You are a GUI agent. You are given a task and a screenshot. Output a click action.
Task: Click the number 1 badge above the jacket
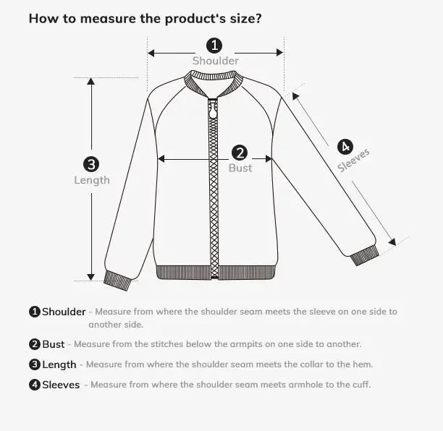pos(215,46)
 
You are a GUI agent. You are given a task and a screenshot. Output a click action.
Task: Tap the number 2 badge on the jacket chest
pos(240,153)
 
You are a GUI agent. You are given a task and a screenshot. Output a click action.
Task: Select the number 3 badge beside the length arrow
pos(92,164)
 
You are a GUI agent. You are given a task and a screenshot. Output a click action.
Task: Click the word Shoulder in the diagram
pos(215,61)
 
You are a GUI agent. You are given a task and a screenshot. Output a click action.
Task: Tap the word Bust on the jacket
pos(240,168)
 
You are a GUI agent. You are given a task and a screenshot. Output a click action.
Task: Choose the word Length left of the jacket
pos(92,180)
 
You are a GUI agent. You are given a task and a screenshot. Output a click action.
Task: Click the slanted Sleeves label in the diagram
pos(354,161)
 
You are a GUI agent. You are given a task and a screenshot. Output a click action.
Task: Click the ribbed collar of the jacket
pos(214,88)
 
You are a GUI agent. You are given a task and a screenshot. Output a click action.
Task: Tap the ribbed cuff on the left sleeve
pos(117,278)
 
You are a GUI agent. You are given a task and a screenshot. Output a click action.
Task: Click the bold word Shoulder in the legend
pos(64,312)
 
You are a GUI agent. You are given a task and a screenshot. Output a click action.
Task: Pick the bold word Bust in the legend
pos(54,344)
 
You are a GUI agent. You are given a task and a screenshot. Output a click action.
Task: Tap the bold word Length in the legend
pos(59,364)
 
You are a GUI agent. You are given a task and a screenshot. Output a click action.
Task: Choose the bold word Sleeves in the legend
pos(61,385)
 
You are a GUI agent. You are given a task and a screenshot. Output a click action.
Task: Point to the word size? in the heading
pos(243,18)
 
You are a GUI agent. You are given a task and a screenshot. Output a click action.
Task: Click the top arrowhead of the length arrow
pos(91,82)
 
